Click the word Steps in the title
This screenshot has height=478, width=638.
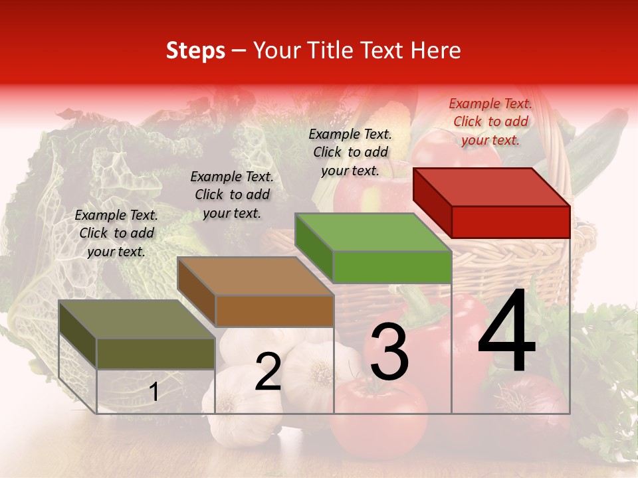coord(195,50)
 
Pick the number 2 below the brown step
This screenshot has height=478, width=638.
coord(268,372)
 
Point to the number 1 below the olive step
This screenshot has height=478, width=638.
coord(154,392)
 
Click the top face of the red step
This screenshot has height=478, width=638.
coord(492,187)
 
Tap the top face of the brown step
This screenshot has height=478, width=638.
coord(255,276)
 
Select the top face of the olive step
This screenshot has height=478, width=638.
coord(137,319)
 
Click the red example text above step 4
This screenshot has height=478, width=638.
coord(490,121)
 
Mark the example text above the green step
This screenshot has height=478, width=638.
coord(350,152)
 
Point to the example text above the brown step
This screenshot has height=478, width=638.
coord(232,195)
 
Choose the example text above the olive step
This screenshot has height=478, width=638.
coord(116,233)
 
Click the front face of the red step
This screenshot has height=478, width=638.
coord(510,222)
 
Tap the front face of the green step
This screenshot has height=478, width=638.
coord(392,267)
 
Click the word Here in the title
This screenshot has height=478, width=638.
coord(437,50)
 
